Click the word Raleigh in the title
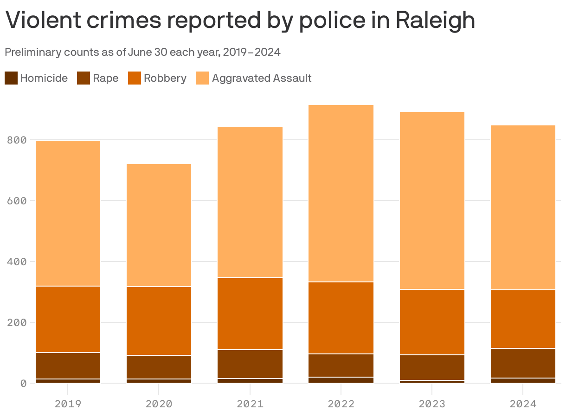pos(436,20)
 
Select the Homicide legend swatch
pos(11,78)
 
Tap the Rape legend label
pos(105,78)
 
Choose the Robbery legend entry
pos(165,78)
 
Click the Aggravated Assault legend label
pos(261,78)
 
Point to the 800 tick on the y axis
pos(17,140)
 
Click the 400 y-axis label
pos(17,261)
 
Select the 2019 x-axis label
pos(68,404)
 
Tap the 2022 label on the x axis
pos(341,404)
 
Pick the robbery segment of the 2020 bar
pos(159,321)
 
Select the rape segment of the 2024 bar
pos(522,363)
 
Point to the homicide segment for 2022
pos(341,380)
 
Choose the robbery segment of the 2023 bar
pos(431,322)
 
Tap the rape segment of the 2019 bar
pos(68,366)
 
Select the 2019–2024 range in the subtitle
pos(251,52)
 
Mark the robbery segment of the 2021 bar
pos(250,313)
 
